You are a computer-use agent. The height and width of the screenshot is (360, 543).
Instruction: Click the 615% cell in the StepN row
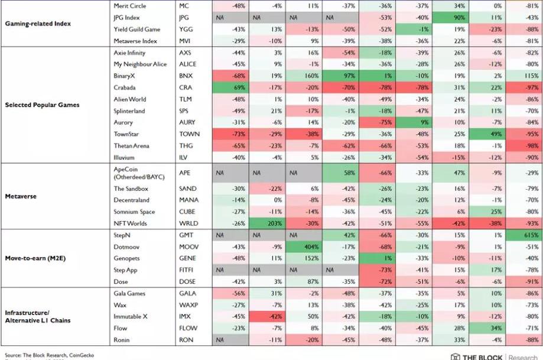pos(524,235)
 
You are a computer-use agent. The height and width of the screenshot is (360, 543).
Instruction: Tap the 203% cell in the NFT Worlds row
pos(268,223)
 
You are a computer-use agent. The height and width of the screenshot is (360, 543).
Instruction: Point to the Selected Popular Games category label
pos(42,105)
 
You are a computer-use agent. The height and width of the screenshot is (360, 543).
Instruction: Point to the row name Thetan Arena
pos(132,146)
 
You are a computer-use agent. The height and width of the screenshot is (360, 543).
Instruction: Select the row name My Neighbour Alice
pos(140,64)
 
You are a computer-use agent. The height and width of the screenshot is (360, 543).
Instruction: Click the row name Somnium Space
pos(134,212)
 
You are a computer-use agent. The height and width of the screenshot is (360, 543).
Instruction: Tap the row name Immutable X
pos(131,317)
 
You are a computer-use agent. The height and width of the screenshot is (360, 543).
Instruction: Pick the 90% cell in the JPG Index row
pos(451,18)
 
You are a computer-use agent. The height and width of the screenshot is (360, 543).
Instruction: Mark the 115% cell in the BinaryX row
pos(524,76)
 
